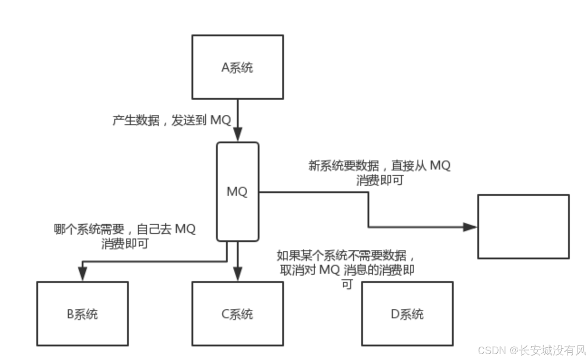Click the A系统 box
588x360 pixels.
coord(238,67)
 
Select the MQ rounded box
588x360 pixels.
coord(238,192)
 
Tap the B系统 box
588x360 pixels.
coord(83,314)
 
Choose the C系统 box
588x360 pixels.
coord(238,314)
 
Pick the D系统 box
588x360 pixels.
coord(407,314)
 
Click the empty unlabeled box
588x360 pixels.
coord(523,227)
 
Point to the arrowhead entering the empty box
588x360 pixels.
coord(470,227)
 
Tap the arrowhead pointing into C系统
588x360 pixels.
coord(238,273)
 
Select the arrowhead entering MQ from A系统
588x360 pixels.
coord(238,135)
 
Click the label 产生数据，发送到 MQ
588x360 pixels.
coord(172,121)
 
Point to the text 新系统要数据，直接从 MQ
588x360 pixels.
coord(379,165)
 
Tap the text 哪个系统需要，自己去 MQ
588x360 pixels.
coord(124,229)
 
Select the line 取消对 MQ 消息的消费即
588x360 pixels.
coord(347,270)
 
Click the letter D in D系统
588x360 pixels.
coord(394,314)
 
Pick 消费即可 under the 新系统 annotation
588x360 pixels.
coord(380,180)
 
